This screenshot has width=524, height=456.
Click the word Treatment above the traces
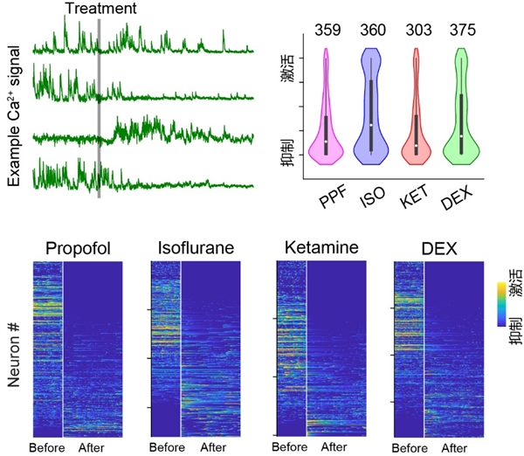point(101,9)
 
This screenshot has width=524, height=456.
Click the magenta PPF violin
point(326,131)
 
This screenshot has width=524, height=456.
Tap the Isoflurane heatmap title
point(196,248)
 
